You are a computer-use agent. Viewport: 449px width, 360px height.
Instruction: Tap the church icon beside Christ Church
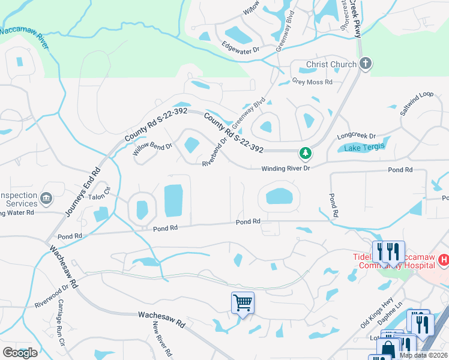[x=365, y=64]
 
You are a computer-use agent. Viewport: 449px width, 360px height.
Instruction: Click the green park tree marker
[x=306, y=154]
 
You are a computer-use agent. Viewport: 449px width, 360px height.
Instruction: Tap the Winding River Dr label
[x=285, y=169]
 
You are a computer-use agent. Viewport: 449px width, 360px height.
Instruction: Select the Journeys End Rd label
[x=81, y=193]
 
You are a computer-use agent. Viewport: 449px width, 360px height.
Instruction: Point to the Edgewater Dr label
[x=240, y=45]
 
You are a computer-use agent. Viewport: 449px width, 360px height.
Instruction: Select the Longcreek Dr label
[x=356, y=136]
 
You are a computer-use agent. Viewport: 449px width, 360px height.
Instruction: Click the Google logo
[x=20, y=352]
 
